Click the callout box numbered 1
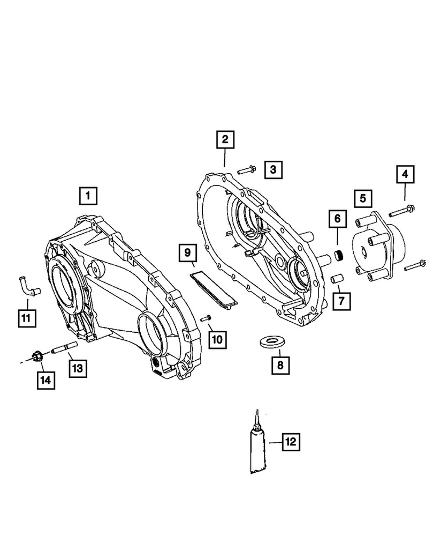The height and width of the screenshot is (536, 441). [x=88, y=195]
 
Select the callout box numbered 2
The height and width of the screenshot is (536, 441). [x=225, y=140]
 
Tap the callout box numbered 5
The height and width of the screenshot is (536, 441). [x=363, y=198]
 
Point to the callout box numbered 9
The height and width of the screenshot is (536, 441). [x=188, y=251]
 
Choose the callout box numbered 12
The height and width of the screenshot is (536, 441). [x=290, y=442]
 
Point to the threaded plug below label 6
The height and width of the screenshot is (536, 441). [x=338, y=255]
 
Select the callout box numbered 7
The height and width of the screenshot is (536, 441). [x=340, y=301]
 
